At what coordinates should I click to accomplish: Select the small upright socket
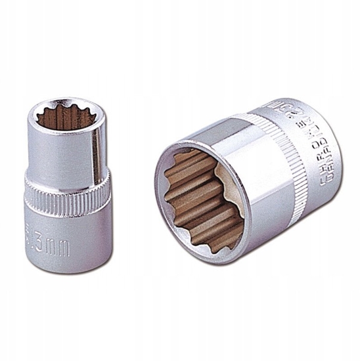pos(66,184)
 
